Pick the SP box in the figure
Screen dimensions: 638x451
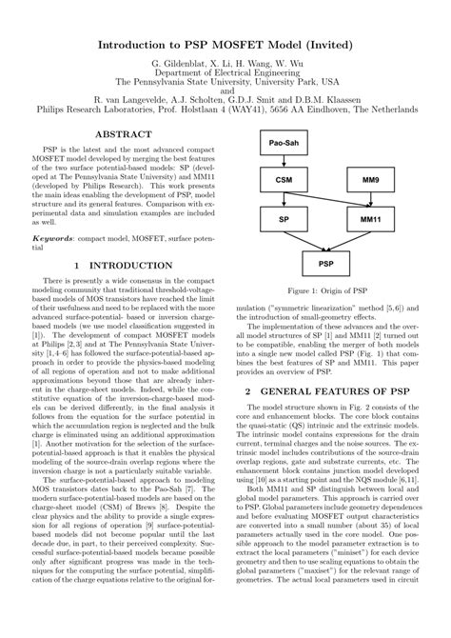tap(284, 217)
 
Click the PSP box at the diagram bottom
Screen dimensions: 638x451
tap(325, 258)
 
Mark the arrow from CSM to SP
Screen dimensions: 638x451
tap(284, 198)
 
